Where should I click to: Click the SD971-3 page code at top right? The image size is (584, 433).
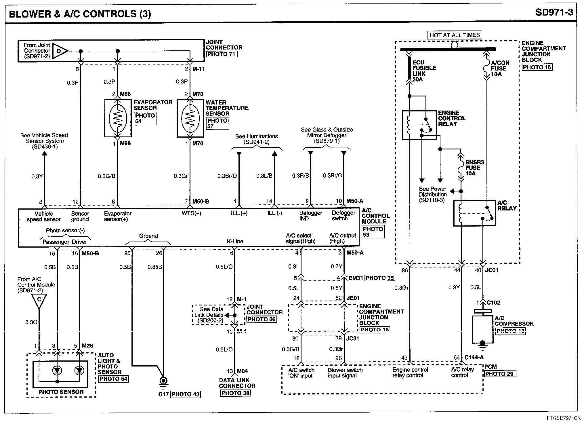point(554,12)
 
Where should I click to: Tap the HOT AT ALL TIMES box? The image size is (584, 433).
point(455,35)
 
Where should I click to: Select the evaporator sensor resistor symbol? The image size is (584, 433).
point(118,118)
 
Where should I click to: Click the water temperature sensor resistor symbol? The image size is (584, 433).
point(190,118)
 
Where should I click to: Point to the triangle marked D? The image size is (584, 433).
point(60,51)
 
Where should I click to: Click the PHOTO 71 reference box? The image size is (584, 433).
point(222,54)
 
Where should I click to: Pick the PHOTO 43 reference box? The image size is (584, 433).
point(186,394)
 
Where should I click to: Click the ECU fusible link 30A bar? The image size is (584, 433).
point(409,68)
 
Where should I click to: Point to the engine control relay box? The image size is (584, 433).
point(419,125)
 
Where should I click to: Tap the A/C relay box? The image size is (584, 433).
point(474,213)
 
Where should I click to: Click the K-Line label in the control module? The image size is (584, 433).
point(235,241)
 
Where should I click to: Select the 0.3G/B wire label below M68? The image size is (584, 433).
point(106,176)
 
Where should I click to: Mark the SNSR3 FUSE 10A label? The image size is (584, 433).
point(475,168)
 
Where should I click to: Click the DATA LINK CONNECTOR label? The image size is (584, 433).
point(237,383)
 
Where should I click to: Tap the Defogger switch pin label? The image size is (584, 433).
point(343,216)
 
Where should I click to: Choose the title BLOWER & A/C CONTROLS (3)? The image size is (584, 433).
point(80,14)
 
